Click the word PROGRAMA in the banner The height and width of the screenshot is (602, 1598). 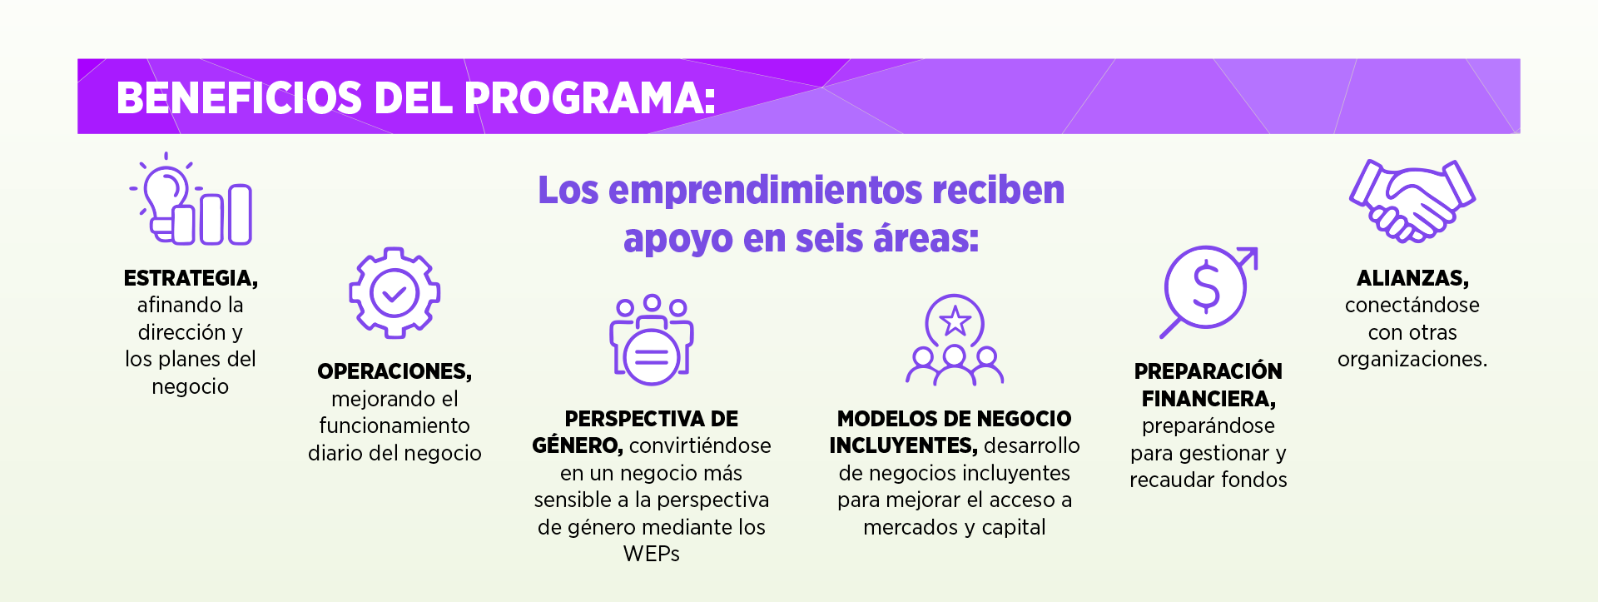(x=589, y=98)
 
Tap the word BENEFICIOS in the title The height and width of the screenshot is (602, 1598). (x=239, y=98)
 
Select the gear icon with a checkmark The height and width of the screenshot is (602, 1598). (x=395, y=292)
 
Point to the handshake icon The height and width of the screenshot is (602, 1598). (x=1412, y=201)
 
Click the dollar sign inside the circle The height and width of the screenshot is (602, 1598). (x=1206, y=286)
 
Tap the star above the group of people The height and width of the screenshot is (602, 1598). (x=955, y=321)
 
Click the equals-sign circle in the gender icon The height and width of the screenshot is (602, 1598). (x=652, y=356)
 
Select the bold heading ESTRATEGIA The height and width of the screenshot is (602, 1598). (x=191, y=278)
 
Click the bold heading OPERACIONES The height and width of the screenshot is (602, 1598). (x=395, y=371)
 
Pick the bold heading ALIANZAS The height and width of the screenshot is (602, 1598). (x=1412, y=278)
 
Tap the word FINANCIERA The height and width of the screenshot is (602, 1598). (x=1208, y=399)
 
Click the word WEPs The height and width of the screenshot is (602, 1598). (x=652, y=554)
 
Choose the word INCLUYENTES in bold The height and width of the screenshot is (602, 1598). (x=903, y=445)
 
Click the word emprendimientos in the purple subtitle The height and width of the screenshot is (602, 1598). (x=765, y=190)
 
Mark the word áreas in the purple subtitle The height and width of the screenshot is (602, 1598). (x=926, y=238)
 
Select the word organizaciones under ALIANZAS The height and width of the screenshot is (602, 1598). (x=1412, y=359)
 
